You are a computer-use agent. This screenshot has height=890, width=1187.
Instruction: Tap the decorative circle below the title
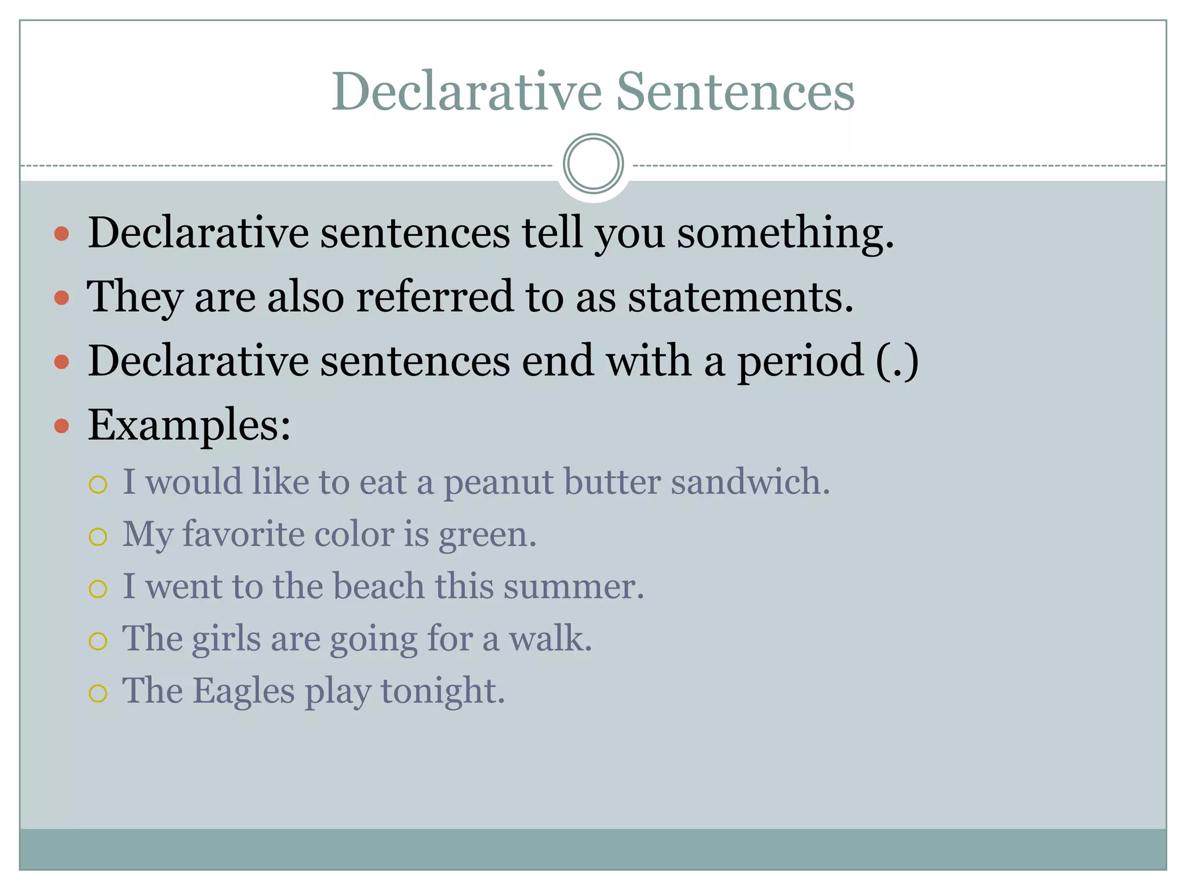click(x=593, y=163)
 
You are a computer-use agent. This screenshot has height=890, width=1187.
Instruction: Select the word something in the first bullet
click(x=785, y=233)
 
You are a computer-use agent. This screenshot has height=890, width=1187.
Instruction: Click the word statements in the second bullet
click(x=741, y=297)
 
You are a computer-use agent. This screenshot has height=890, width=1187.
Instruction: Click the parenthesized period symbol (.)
click(x=897, y=361)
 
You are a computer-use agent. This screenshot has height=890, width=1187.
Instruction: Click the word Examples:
click(x=189, y=425)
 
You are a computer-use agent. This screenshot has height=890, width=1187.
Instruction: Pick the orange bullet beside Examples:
click(x=61, y=426)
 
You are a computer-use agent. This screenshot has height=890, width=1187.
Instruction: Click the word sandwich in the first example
click(x=750, y=482)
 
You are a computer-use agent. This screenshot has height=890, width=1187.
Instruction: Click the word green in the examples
click(x=487, y=535)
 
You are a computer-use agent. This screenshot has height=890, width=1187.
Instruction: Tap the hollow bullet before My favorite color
click(x=98, y=537)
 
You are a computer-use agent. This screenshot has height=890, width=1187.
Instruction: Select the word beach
click(x=378, y=586)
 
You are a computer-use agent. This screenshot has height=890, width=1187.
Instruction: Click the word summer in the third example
click(x=573, y=586)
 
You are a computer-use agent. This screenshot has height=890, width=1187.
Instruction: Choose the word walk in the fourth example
click(x=550, y=638)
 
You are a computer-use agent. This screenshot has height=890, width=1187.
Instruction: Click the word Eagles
click(x=243, y=691)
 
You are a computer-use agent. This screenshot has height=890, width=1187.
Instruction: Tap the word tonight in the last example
click(x=442, y=691)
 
